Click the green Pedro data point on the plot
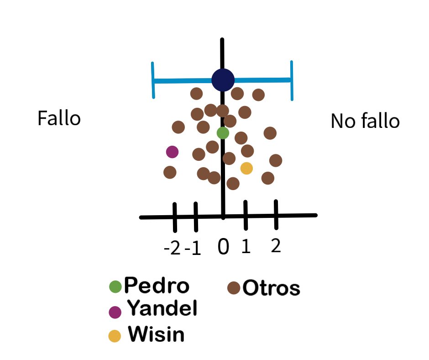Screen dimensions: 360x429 click(x=223, y=133)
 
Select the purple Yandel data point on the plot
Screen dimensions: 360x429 click(x=172, y=151)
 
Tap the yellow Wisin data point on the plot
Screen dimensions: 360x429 click(x=246, y=168)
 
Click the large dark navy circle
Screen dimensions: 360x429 click(x=223, y=80)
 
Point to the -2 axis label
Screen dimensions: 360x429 click(x=172, y=249)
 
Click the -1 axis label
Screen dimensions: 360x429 click(x=193, y=249)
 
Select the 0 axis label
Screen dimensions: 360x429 click(x=223, y=247)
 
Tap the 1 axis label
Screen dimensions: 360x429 click(x=246, y=247)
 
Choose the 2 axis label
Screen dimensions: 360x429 click(x=275, y=246)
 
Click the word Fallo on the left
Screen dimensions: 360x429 click(x=59, y=119)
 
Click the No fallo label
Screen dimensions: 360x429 click(x=365, y=122)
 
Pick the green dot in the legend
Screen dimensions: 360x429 click(x=115, y=286)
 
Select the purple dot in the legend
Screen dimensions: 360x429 click(x=115, y=312)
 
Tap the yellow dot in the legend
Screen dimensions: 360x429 click(x=115, y=336)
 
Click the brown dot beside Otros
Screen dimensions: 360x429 click(x=234, y=288)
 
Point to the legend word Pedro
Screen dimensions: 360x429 click(x=157, y=286)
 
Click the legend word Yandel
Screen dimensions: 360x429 click(x=162, y=309)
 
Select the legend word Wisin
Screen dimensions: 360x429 click(x=156, y=335)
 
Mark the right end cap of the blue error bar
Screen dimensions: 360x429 click(x=291, y=80)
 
